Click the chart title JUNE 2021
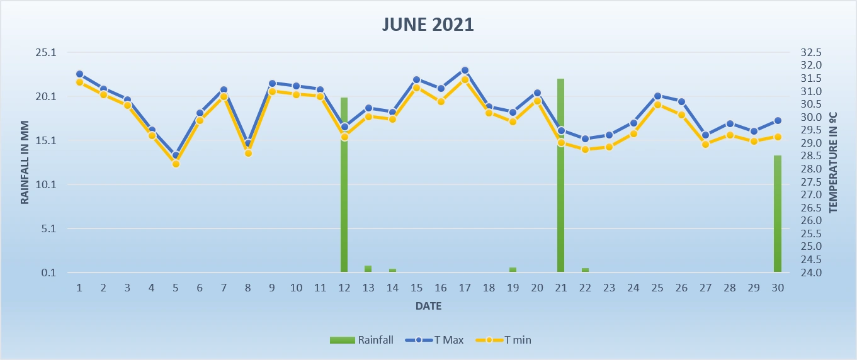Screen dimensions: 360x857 click(x=428, y=25)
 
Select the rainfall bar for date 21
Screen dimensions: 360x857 click(x=560, y=176)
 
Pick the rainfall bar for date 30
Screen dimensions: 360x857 click(x=778, y=214)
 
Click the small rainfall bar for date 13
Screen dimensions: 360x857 click(x=368, y=269)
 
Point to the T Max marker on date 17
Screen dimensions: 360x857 click(x=465, y=70)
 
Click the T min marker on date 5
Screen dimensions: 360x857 click(x=176, y=164)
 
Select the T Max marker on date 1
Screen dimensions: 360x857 click(x=79, y=74)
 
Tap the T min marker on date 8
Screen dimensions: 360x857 click(x=248, y=153)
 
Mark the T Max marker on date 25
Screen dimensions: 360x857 click(x=657, y=96)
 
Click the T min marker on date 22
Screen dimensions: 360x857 click(x=585, y=149)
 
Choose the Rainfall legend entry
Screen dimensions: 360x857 click(x=361, y=340)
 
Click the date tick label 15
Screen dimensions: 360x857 click(x=416, y=288)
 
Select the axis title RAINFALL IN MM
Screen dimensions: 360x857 click(x=25, y=162)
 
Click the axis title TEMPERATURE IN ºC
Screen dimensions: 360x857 click(x=832, y=162)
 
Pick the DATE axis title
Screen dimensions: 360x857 click(x=428, y=307)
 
